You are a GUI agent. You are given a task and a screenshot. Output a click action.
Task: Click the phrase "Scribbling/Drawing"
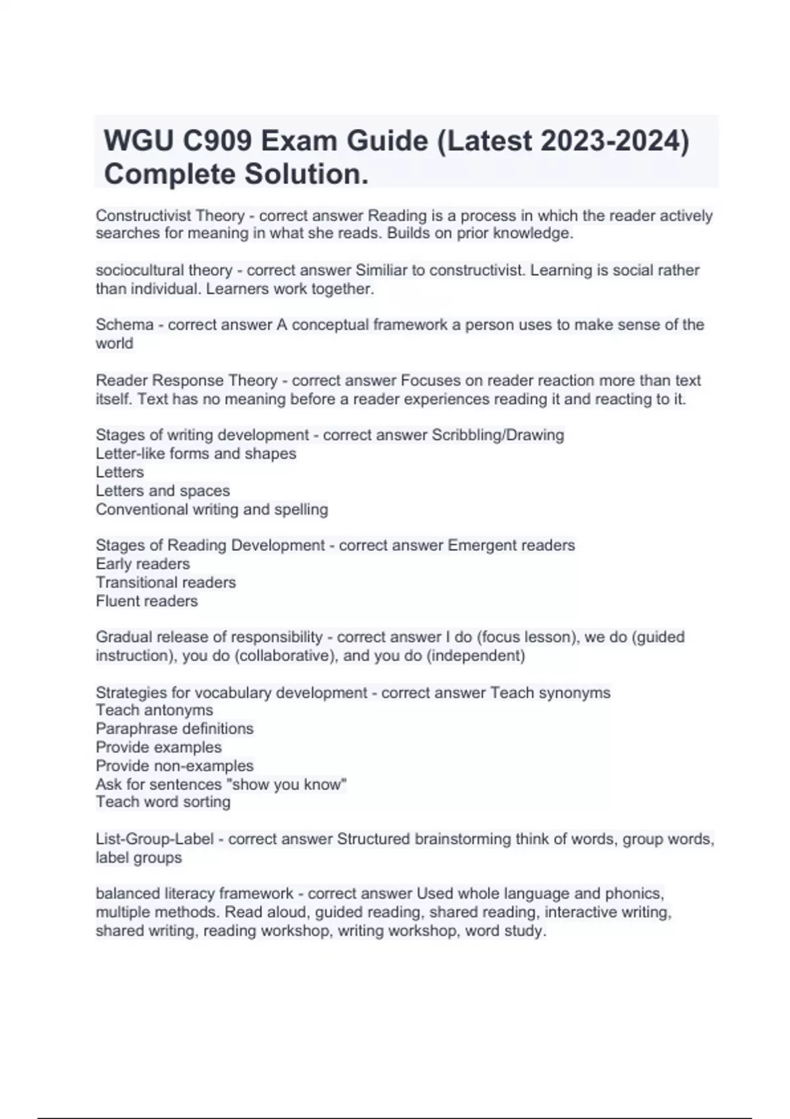[x=498, y=435]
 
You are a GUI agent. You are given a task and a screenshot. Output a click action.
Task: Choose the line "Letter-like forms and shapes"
[x=196, y=454]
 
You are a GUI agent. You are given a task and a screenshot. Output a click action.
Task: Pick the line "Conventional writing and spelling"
[x=211, y=509]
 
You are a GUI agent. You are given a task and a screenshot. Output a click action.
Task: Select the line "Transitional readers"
[x=165, y=583]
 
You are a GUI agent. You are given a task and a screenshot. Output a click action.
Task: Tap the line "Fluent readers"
[x=146, y=601]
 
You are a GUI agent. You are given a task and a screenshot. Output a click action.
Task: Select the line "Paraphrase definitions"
[x=174, y=729]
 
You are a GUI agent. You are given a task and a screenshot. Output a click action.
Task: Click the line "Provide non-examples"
[x=174, y=766]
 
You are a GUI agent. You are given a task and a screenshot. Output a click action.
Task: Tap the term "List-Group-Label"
[x=155, y=839]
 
